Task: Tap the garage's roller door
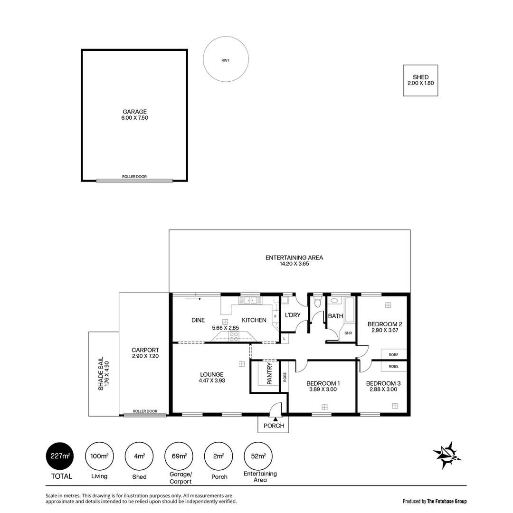(x=134, y=180)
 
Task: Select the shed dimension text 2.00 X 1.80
(x=420, y=83)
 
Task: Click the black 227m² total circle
(x=59, y=456)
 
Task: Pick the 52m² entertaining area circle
(x=258, y=456)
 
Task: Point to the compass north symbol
(x=447, y=455)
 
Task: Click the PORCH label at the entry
(x=274, y=426)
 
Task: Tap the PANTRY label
(x=270, y=374)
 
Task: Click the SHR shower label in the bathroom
(x=348, y=333)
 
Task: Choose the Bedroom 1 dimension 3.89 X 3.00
(x=323, y=389)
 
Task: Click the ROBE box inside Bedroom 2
(x=394, y=354)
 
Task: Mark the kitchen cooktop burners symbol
(x=234, y=336)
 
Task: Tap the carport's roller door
(x=145, y=415)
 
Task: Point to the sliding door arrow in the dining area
(x=193, y=299)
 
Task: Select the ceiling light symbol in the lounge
(x=241, y=363)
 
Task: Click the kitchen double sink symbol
(x=250, y=300)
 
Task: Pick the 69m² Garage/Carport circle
(x=179, y=456)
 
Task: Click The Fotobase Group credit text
(x=446, y=501)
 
